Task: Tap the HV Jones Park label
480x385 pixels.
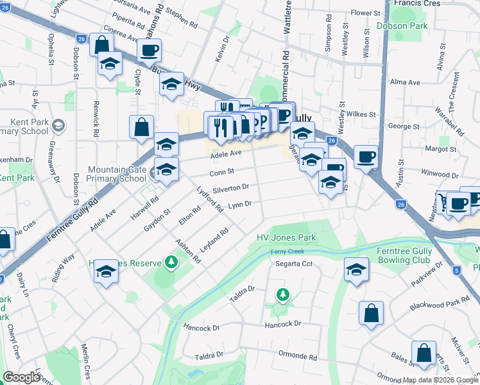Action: pyautogui.click(x=287, y=237)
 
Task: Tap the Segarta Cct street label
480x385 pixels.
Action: pyautogui.click(x=294, y=264)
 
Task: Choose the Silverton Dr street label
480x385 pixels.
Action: pyautogui.click(x=230, y=188)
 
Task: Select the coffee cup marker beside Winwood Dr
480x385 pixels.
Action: pyautogui.click(x=366, y=156)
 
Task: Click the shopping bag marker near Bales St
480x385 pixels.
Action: pyautogui.click(x=424, y=352)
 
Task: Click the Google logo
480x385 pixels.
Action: pyautogui.click(x=21, y=377)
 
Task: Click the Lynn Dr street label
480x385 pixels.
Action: pyautogui.click(x=239, y=205)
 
